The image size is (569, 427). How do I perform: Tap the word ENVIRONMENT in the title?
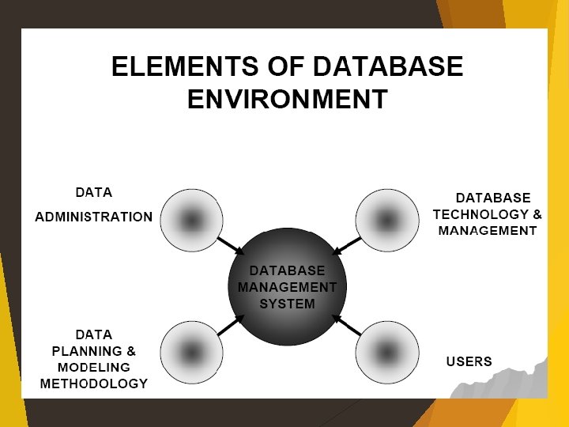point(287,100)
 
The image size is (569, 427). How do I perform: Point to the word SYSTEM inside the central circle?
point(287,304)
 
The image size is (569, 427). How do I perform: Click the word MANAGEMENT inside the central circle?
point(287,287)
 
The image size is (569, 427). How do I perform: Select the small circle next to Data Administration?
point(191,220)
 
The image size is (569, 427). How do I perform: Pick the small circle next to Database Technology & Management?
point(386,220)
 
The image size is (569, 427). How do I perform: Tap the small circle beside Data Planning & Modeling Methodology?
point(191,352)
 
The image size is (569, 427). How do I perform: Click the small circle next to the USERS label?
point(386,352)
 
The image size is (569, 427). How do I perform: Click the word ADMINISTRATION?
point(93,217)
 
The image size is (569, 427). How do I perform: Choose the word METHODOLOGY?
point(93,384)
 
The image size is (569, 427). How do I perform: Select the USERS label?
point(469,362)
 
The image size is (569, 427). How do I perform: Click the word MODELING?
point(93,368)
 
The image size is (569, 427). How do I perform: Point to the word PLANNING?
point(86,351)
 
